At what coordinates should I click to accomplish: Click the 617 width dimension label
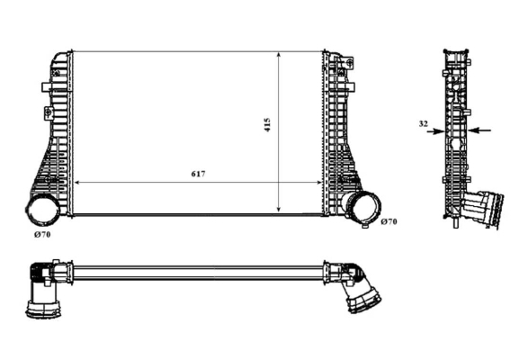(198, 174)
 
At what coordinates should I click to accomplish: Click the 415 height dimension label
(267, 125)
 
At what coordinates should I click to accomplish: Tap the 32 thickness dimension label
(423, 124)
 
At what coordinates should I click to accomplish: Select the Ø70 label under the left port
(42, 235)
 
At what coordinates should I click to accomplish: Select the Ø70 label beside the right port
(389, 221)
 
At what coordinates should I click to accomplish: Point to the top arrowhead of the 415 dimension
(279, 55)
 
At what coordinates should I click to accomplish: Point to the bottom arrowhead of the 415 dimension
(279, 208)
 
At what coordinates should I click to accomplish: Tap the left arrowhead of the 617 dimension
(77, 182)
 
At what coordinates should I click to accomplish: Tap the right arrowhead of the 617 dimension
(318, 182)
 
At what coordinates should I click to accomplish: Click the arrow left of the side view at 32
(435, 131)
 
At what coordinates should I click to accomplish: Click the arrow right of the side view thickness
(479, 130)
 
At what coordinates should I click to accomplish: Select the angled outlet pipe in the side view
(482, 210)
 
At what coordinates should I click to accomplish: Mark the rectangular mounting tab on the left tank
(47, 87)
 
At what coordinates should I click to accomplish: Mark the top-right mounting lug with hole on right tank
(348, 62)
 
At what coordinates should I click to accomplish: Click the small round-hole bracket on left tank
(48, 112)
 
